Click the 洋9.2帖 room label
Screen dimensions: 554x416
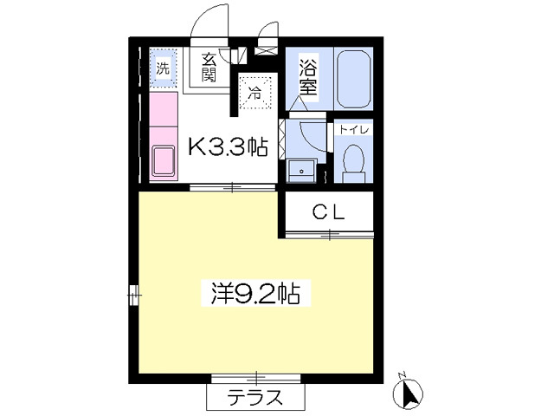[x=256, y=293]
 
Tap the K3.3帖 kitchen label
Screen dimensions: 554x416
[x=228, y=146]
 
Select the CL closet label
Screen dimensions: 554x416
[x=329, y=212]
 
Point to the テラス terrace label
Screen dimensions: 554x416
[x=255, y=397]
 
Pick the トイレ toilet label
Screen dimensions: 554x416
[x=354, y=129]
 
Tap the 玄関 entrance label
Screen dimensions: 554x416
[x=209, y=68]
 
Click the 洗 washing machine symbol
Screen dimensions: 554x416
[x=163, y=68]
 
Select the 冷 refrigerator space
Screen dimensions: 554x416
[x=255, y=94]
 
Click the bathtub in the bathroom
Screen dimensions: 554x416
[x=354, y=79]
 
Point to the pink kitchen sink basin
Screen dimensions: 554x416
[x=164, y=161]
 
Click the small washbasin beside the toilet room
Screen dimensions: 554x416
[x=301, y=171]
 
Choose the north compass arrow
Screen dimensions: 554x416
[x=409, y=393]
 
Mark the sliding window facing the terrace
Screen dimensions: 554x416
[x=256, y=378]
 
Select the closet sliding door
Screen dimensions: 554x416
[x=329, y=234]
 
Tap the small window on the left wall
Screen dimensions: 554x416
[x=134, y=295]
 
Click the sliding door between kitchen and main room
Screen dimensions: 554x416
[x=233, y=187]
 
